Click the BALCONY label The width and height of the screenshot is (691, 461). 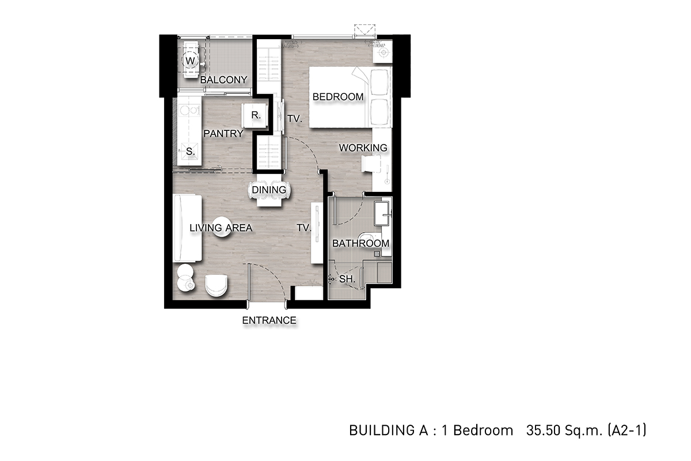(x=223, y=80)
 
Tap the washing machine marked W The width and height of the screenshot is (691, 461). (x=191, y=60)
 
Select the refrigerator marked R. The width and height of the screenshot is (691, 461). (x=255, y=115)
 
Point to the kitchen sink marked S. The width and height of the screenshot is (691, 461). (x=190, y=152)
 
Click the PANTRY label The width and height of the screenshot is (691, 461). (x=223, y=134)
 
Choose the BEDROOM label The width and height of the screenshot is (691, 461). (x=338, y=97)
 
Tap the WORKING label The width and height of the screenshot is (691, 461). (x=363, y=148)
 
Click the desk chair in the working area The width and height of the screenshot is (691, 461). (x=371, y=163)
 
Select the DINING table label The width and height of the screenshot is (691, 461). (x=269, y=190)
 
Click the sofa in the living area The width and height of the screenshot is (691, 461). (x=187, y=228)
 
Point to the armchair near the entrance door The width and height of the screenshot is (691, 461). (x=217, y=286)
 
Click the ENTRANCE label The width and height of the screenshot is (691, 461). (x=269, y=320)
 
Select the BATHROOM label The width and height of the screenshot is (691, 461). (x=360, y=243)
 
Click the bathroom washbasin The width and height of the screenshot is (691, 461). (x=382, y=213)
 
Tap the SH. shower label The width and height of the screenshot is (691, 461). (x=347, y=279)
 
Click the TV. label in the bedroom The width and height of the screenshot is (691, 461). (x=295, y=119)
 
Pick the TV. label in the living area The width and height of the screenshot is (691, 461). (x=304, y=228)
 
